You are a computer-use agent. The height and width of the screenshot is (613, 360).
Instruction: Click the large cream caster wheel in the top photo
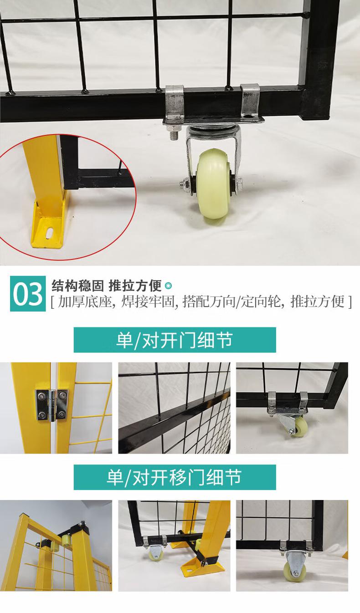click(x=215, y=184)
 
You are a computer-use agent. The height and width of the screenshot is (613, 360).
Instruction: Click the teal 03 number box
click(x=28, y=293)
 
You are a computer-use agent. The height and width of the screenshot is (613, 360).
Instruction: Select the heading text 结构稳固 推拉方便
click(x=107, y=286)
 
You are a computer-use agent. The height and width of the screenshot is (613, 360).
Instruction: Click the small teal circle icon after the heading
click(x=168, y=286)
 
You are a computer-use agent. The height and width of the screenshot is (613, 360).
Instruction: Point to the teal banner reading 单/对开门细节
click(x=175, y=340)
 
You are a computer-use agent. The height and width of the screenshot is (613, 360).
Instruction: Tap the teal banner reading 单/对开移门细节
click(x=175, y=477)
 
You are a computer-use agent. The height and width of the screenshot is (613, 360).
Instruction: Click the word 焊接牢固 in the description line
click(x=147, y=301)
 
